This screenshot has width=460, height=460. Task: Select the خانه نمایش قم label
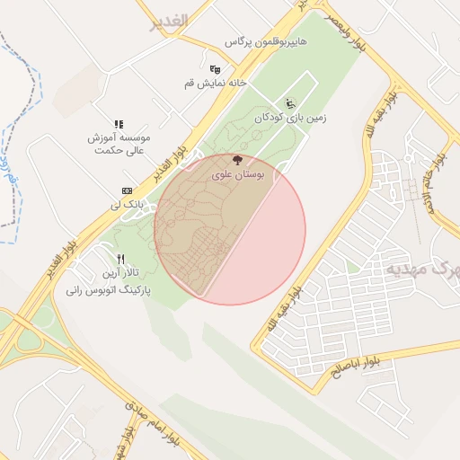point(238,82)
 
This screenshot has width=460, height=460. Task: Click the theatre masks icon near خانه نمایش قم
point(215,69)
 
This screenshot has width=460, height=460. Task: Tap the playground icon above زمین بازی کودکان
point(289,102)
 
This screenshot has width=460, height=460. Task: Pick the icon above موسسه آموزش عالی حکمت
point(118,124)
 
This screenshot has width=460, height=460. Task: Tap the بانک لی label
point(129,206)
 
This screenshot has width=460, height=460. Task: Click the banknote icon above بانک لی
point(127,191)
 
